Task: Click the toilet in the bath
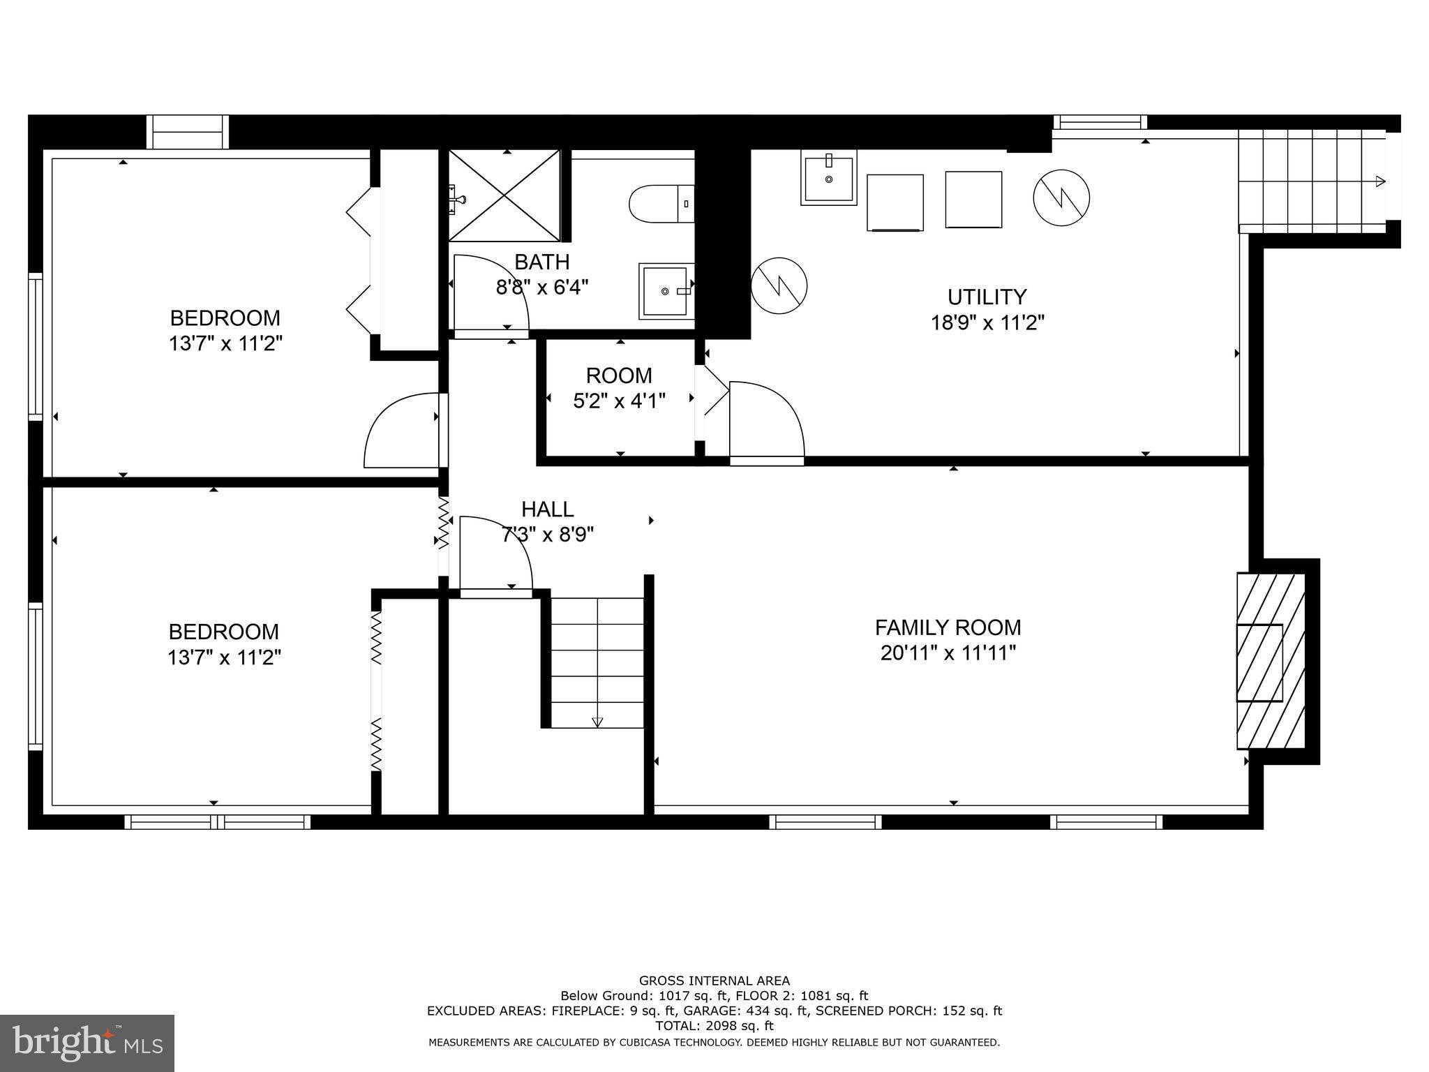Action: (x=659, y=204)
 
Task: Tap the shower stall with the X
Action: (x=504, y=196)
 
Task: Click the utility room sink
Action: (x=828, y=180)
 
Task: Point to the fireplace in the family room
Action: (x=1270, y=661)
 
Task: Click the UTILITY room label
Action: (x=987, y=297)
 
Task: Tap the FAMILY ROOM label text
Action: (x=948, y=627)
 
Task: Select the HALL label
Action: (x=548, y=509)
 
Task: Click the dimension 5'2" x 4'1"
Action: (x=619, y=401)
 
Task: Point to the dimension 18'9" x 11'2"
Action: (x=987, y=323)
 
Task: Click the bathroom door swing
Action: (x=490, y=293)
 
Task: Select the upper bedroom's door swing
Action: (x=403, y=431)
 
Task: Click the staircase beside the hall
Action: (x=597, y=663)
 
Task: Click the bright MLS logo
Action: (x=87, y=1043)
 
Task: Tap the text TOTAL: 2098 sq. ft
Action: (x=714, y=1027)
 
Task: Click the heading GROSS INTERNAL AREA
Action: (x=714, y=981)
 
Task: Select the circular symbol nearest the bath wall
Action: (x=779, y=285)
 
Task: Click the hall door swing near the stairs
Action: (x=494, y=555)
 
